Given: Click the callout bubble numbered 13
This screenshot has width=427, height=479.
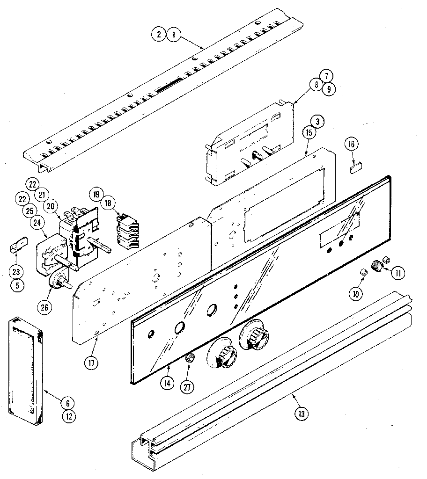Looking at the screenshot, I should (302, 413).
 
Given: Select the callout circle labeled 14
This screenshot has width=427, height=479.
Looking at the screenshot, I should (166, 382).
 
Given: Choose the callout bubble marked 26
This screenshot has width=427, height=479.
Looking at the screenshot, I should (46, 307).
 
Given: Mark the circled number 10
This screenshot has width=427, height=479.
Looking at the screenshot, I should (355, 293).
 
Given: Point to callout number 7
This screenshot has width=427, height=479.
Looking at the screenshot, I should (326, 75).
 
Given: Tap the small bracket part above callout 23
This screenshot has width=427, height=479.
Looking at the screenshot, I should (17, 246).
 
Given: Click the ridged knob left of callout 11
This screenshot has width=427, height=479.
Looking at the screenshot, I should (376, 266).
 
